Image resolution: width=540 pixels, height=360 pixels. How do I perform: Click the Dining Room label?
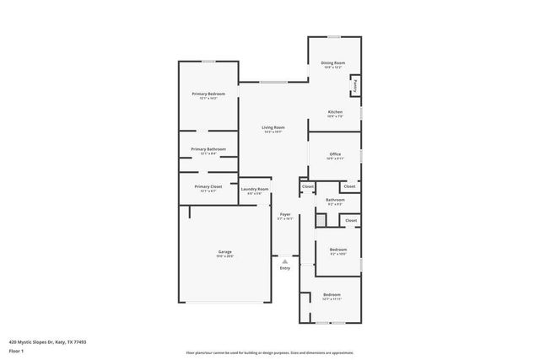tap(333, 63)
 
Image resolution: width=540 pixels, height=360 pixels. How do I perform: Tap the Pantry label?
tap(356, 85)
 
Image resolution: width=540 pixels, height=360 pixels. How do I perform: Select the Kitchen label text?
tap(335, 112)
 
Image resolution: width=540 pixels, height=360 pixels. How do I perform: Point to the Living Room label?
tap(273, 127)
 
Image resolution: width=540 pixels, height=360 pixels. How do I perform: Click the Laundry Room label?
tap(255, 190)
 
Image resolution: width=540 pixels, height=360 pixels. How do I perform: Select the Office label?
tap(335, 154)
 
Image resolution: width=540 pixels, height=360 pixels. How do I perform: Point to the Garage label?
tap(225, 252)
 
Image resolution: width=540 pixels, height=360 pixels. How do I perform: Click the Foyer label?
tap(285, 214)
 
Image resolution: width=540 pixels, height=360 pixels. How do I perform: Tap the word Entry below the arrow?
tap(285, 268)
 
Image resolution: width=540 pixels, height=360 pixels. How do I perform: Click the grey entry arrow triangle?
tap(285, 261)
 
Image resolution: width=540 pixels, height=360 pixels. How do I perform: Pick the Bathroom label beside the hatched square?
tap(335, 200)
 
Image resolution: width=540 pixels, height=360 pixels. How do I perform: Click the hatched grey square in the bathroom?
tap(321, 220)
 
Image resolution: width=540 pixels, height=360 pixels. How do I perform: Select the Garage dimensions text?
tap(225, 256)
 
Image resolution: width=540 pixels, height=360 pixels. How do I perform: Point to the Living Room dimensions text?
tap(273, 132)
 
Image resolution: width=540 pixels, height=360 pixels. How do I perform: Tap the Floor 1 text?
tap(17, 352)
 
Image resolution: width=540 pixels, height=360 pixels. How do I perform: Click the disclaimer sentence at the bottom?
tap(270, 353)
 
